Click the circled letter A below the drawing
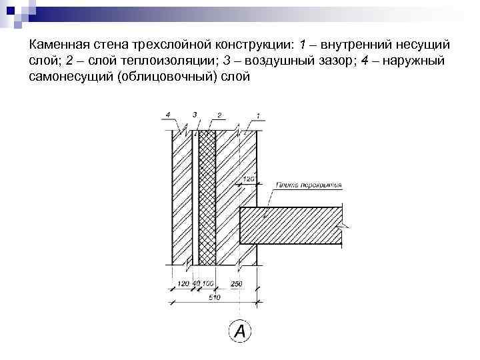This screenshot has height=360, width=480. [x=239, y=331]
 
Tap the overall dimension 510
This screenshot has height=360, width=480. [x=214, y=297]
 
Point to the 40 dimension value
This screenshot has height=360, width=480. [x=197, y=284]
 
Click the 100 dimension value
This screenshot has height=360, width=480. [x=208, y=284]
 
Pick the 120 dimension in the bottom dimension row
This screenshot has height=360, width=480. [x=183, y=284]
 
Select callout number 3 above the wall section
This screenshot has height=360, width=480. [x=195, y=114]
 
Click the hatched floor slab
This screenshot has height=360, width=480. [x=290, y=226]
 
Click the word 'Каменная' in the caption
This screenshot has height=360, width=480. [x=59, y=45]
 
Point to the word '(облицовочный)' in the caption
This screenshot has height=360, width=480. [x=170, y=77]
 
